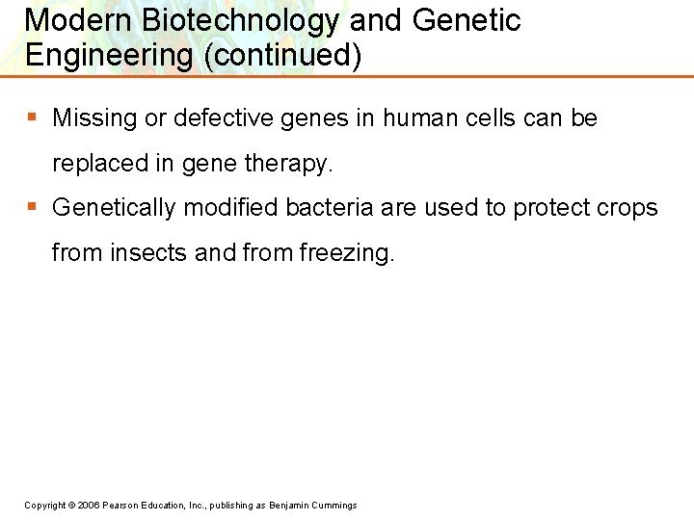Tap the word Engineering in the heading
(109, 56)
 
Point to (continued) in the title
(282, 56)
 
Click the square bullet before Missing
(32, 117)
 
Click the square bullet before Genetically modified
(32, 206)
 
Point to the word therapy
(287, 165)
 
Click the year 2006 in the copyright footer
(89, 506)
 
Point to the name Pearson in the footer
(123, 506)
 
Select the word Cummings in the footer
(334, 506)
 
